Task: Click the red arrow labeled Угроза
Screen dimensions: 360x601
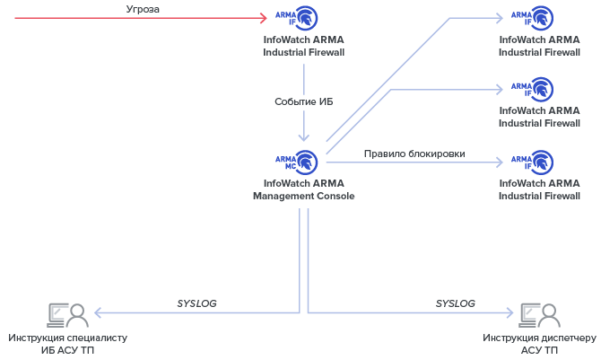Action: (135, 17)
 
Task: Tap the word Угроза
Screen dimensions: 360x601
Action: (144, 9)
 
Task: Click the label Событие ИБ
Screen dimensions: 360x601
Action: (303, 101)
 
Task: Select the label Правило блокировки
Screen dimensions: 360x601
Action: (414, 154)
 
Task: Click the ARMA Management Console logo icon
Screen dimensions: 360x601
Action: (297, 162)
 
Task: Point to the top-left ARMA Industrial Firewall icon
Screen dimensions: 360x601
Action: (297, 17)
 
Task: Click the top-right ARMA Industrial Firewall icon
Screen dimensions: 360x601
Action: (533, 17)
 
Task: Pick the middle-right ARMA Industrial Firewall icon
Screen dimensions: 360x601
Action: (533, 89)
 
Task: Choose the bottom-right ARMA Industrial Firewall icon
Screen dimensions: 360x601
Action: (533, 162)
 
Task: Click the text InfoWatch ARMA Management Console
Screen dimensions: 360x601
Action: (303, 189)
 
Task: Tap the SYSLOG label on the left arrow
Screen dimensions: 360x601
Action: (196, 303)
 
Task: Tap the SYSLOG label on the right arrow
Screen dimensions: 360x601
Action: (455, 303)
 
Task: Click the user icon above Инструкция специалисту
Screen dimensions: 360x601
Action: (67, 314)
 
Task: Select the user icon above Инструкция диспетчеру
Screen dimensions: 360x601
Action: (539, 314)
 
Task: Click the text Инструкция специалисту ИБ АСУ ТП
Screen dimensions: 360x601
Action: (68, 344)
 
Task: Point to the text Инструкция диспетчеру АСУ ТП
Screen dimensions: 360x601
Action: (539, 344)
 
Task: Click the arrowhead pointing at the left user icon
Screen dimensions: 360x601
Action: (97, 313)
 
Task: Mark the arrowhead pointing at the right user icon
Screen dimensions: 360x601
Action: (510, 313)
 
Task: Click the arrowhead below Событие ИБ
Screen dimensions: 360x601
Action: (303, 137)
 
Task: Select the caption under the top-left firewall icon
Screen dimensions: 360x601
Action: (303, 46)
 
